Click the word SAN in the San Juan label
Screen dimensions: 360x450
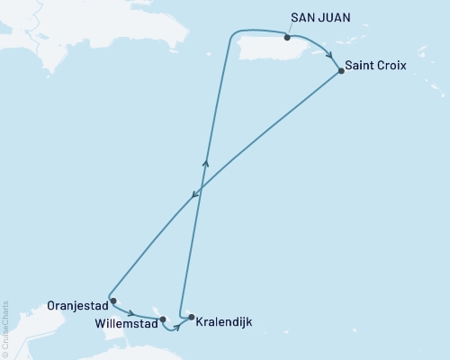pos(303,16)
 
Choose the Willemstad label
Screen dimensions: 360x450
pos(125,319)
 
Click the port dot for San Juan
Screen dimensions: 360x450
pos(287,38)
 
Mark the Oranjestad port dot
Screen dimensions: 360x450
pos(112,301)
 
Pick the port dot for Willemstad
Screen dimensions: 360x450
pos(163,319)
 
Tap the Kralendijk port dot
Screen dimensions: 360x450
pos(191,316)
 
